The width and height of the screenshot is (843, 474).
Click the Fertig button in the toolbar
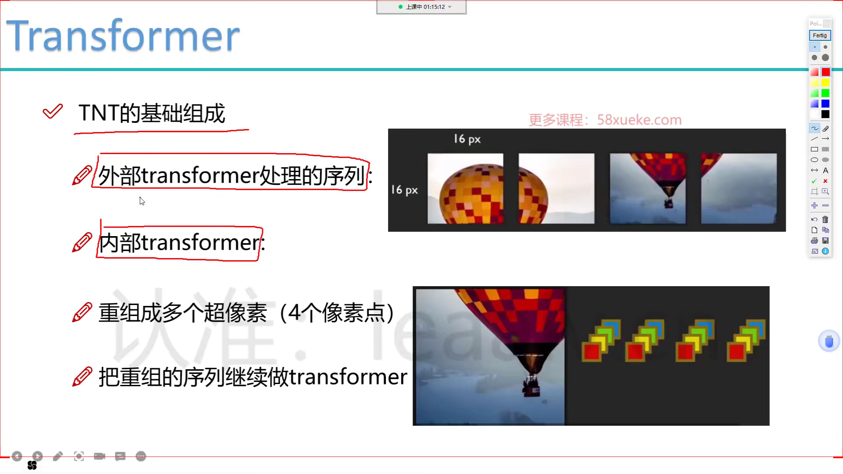click(x=820, y=36)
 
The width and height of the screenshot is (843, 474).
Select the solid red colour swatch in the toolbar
click(x=825, y=72)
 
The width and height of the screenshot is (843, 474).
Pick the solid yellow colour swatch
click(x=825, y=83)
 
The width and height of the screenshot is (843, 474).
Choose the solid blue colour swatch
click(x=825, y=104)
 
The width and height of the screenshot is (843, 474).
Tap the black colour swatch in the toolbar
click(x=825, y=114)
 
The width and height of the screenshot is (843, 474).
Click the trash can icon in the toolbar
click(x=825, y=219)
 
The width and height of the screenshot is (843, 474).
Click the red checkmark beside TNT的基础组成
click(x=53, y=111)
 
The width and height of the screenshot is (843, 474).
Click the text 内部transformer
click(x=180, y=243)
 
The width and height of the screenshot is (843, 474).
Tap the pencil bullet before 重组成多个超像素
click(x=82, y=312)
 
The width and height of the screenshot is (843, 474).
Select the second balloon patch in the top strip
click(x=556, y=188)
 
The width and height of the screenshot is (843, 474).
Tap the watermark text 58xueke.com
click(x=639, y=120)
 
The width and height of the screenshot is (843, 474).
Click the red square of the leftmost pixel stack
click(x=591, y=352)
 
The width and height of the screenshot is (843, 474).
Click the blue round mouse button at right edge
click(x=829, y=341)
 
